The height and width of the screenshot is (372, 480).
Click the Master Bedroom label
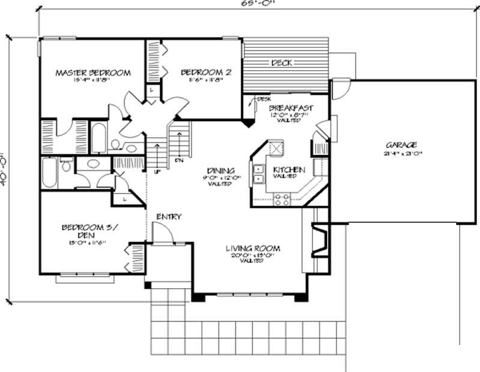(x=93, y=73)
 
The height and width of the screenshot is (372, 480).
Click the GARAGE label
(x=401, y=144)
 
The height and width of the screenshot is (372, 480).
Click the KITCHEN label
(x=289, y=170)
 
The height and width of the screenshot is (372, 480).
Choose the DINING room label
(x=220, y=170)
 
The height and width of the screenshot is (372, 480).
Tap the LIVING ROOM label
(x=253, y=248)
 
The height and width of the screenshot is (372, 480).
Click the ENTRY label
(x=169, y=216)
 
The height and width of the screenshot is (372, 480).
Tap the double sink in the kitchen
(x=258, y=174)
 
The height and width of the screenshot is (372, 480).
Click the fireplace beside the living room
(x=319, y=240)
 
